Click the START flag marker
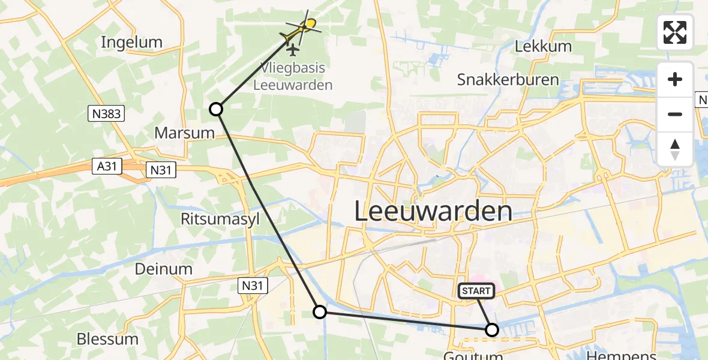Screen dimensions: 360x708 [x=476, y=291]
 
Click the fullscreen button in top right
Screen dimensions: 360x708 [x=675, y=32]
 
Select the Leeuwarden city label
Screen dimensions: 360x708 [x=433, y=212]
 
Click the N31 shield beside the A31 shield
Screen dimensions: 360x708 [x=161, y=170]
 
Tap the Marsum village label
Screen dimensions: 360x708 [x=185, y=133]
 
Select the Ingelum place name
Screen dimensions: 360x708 [x=132, y=42]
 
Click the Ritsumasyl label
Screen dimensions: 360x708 [x=220, y=219]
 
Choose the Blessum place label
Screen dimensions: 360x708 [x=107, y=339]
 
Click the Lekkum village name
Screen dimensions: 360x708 [x=541, y=46]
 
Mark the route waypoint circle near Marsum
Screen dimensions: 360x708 [x=216, y=109]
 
